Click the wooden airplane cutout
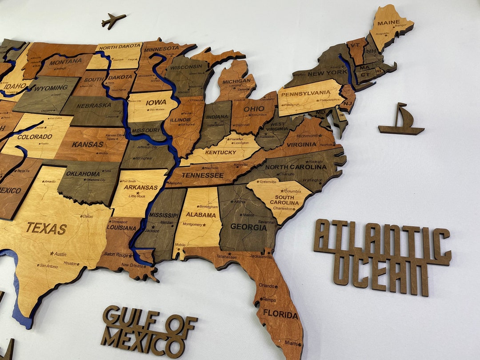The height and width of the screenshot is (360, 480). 113,20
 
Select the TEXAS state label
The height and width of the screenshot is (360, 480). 46,228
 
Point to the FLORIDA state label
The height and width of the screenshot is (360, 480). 280,315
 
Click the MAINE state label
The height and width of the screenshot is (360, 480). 388,23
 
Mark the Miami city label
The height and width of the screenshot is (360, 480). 291,343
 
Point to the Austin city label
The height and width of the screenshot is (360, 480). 60,254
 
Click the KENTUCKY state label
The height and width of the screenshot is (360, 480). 221,152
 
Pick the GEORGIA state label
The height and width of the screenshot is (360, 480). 248,227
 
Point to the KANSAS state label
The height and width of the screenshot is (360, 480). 88,144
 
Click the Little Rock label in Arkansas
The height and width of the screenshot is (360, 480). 137,196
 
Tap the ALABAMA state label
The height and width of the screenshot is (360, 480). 201,214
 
